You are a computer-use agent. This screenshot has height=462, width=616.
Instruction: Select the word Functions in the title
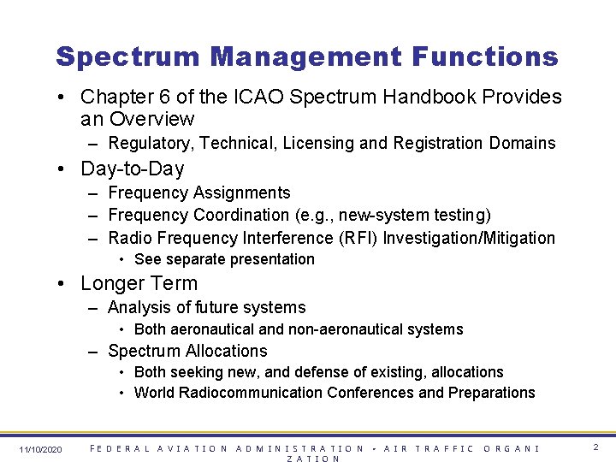coord(484,57)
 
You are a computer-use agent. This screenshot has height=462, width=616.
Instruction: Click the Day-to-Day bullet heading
coord(132,169)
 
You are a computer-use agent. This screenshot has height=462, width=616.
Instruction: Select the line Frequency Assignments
coord(199,193)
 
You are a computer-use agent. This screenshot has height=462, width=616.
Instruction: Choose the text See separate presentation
coord(224,259)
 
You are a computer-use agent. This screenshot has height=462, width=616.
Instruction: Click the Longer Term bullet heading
coord(139,283)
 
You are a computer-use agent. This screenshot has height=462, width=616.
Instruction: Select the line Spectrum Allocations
coord(187,351)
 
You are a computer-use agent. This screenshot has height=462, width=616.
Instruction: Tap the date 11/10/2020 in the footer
coord(40,449)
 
